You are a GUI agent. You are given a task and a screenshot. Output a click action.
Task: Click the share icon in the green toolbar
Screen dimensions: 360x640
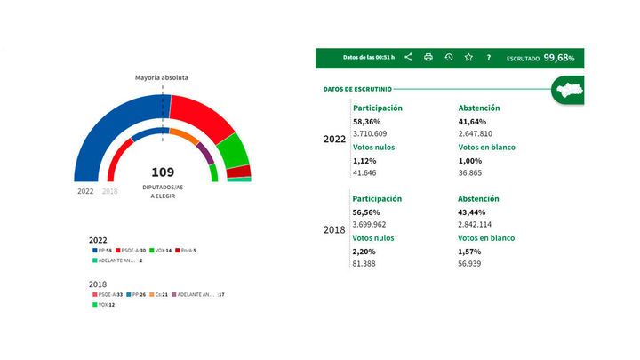coord(408,58)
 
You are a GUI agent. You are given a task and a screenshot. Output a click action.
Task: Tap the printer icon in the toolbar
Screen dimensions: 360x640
coord(428,58)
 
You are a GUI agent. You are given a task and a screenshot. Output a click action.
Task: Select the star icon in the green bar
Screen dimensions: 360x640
coord(468,58)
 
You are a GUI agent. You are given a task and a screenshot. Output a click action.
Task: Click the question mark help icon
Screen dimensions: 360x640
coord(488,58)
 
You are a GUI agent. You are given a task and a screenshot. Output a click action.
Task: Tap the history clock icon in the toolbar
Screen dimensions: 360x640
coord(449,58)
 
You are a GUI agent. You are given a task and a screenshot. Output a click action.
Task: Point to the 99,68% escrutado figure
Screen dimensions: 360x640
coord(560,58)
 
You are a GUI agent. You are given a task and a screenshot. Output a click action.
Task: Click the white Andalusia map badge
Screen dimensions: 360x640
coord(566,90)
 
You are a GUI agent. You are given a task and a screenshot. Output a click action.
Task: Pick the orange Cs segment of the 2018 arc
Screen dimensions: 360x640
coord(184,137)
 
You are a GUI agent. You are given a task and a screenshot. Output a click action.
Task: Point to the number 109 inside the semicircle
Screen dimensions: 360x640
coord(163,172)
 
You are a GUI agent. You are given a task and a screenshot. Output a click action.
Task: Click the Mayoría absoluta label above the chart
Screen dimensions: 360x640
coord(162,77)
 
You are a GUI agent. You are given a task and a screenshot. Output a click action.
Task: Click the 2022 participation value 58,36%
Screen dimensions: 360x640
coord(367,121)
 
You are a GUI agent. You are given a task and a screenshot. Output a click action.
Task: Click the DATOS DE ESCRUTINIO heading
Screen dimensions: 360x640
coord(358,89)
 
